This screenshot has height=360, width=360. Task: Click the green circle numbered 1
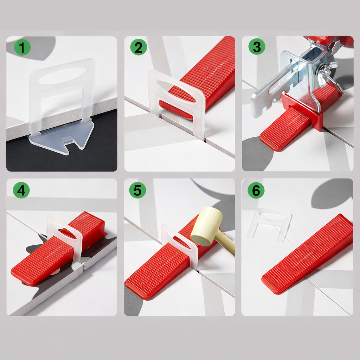coord(22,47)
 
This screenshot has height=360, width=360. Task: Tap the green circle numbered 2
coord(139,47)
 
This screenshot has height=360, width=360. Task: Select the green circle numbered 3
coord(257,46)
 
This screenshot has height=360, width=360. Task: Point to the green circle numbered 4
coord(21,190)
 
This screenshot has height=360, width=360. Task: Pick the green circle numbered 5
coord(137,190)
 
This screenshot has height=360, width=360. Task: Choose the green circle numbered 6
coord(256,190)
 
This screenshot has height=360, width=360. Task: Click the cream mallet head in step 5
coord(206,226)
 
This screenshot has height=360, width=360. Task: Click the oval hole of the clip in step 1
coord(63,76)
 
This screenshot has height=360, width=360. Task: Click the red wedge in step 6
coord(308,254)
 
